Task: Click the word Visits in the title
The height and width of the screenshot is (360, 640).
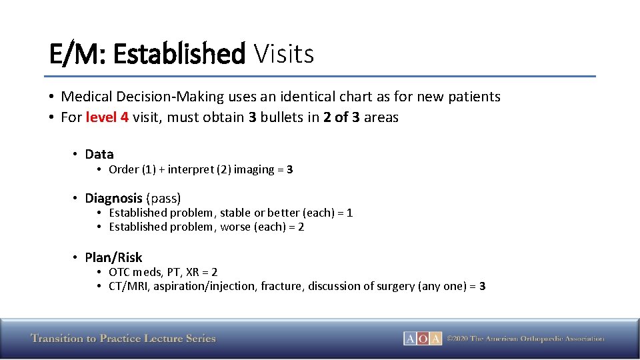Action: point(284,53)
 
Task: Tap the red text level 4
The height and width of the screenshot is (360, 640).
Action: point(107,117)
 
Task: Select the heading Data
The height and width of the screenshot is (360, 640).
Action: point(99,154)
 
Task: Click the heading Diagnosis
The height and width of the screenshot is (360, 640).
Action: point(113,198)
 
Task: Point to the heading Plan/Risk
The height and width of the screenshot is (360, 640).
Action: point(113,257)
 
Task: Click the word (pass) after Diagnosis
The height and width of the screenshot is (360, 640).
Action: point(163,198)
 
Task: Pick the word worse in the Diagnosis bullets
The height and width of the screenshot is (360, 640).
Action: point(237,227)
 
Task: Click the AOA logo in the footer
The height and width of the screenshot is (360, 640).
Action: point(422,338)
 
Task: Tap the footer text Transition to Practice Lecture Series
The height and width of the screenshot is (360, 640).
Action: point(123,338)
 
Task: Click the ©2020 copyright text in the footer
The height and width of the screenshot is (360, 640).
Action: point(525,338)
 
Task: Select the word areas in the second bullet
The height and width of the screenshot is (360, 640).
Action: point(381,117)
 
